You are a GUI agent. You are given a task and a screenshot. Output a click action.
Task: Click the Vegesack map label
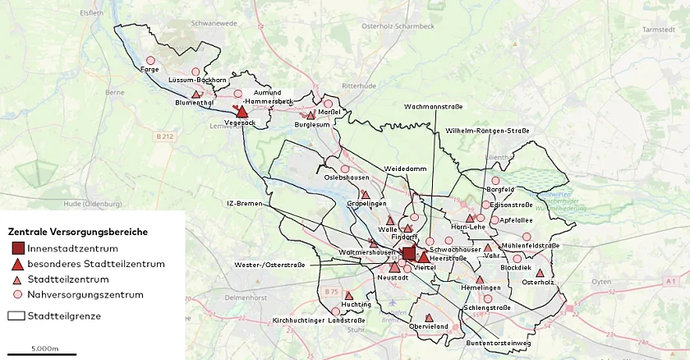coord(241,123)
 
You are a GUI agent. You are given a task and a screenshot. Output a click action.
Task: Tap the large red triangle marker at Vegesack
coord(242,111)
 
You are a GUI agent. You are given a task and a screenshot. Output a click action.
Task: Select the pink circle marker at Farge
coord(150,60)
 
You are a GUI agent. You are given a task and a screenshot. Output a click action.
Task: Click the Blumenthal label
coord(195,104)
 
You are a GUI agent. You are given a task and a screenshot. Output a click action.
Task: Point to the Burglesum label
coord(313,125)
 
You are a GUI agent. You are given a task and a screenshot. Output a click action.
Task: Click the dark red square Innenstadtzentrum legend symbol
coord(18,249)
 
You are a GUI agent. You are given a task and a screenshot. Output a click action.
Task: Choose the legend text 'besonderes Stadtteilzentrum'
coord(96,264)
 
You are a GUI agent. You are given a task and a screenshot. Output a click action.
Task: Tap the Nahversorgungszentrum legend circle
coord(18,294)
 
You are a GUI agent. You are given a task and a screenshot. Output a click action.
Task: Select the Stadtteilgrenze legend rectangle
coord(16,316)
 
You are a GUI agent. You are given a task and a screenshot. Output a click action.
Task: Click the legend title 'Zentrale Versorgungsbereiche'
coord(78,232)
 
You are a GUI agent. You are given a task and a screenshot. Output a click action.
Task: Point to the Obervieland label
coord(429,326)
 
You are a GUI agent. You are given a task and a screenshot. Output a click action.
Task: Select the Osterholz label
coord(538,282)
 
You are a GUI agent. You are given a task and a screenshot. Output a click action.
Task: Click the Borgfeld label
coord(500,189)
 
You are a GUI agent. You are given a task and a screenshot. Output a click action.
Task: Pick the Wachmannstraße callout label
coord(433,107)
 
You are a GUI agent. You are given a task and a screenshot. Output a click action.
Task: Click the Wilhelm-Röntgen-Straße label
coord(487,131)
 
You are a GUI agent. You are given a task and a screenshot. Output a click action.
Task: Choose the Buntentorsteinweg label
coord(493,343)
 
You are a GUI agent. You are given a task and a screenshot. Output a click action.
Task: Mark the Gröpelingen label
coord(366,204)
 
